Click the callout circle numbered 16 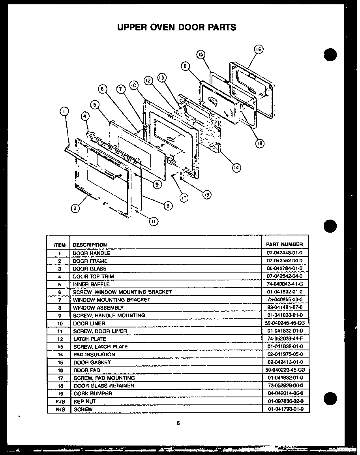pyautogui.click(x=258, y=49)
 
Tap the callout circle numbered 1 pyautogui.click(x=63, y=112)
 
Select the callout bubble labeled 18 pyautogui.click(x=259, y=144)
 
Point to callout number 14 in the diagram pyautogui.click(x=236, y=167)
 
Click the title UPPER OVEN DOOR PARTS pyautogui.click(x=176, y=27)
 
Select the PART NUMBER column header pyautogui.click(x=284, y=244)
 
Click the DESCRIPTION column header pyautogui.click(x=90, y=245)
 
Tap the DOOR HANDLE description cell pyautogui.click(x=92, y=253)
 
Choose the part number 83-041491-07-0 pyautogui.click(x=284, y=308)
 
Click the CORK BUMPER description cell pyautogui.click(x=93, y=393)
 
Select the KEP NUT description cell pyautogui.click(x=84, y=401)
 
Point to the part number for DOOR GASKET pyautogui.click(x=284, y=362)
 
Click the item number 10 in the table pyautogui.click(x=59, y=323)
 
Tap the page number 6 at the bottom pyautogui.click(x=178, y=423)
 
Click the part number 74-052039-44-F pyautogui.click(x=284, y=339)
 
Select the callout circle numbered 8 pyautogui.click(x=185, y=66)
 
